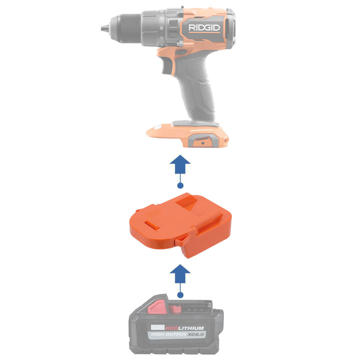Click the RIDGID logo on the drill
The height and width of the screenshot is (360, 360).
204,28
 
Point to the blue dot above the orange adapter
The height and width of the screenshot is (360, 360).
180,185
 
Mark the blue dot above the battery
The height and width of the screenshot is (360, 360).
180,295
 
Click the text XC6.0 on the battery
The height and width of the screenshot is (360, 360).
196,335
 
